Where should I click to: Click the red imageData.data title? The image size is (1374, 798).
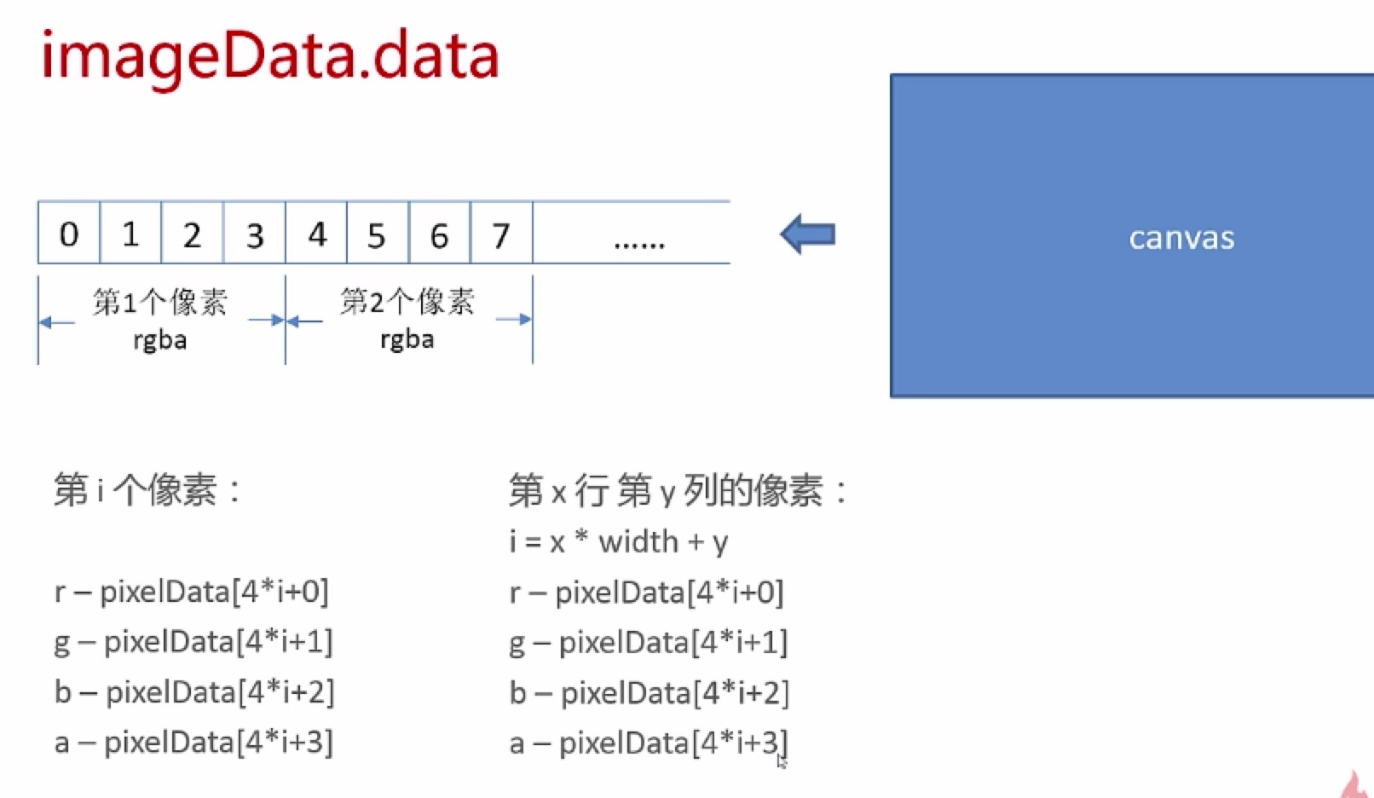click(x=270, y=57)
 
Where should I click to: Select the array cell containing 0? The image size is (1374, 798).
click(x=69, y=233)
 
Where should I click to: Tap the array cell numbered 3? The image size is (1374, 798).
click(x=255, y=233)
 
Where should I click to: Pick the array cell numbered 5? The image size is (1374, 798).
click(x=378, y=233)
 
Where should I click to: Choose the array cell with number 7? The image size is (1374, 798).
click(x=502, y=233)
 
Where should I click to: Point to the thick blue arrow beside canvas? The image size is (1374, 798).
click(x=808, y=234)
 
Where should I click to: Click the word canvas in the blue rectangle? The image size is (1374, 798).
click(x=1181, y=238)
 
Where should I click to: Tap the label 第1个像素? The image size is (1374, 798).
click(x=160, y=302)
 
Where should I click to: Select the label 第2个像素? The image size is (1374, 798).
click(x=407, y=302)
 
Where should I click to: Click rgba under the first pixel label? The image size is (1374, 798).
click(x=160, y=340)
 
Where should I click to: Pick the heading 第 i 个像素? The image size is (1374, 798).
click(x=147, y=489)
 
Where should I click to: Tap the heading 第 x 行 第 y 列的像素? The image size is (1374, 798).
click(x=678, y=491)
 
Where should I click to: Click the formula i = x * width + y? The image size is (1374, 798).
click(x=619, y=542)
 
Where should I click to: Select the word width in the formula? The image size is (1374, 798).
click(x=638, y=541)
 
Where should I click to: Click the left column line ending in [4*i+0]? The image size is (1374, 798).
click(x=192, y=592)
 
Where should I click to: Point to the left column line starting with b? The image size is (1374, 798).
click(x=194, y=692)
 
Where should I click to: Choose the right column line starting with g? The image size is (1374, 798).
click(x=649, y=643)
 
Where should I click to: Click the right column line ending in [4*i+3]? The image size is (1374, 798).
click(x=649, y=743)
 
